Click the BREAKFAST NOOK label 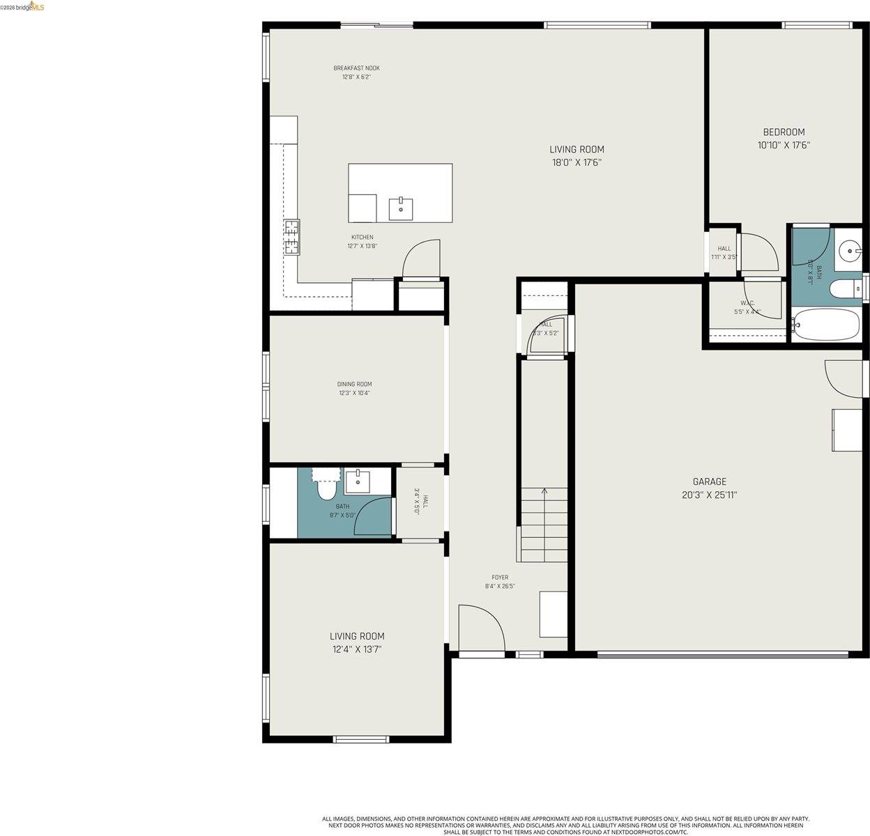point(356,68)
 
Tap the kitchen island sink point(401,208)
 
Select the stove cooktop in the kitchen point(291,237)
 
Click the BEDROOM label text point(784,132)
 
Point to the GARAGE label point(709,481)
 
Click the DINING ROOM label point(354,385)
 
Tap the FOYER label point(500,578)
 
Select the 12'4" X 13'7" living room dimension point(356,649)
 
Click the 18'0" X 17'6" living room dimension point(577,162)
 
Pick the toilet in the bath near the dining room point(326,490)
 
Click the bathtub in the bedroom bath point(826,325)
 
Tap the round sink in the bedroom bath point(850,249)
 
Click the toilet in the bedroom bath point(849,288)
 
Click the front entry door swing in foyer point(480,627)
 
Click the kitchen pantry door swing point(422,258)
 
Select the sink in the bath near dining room point(358,480)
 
